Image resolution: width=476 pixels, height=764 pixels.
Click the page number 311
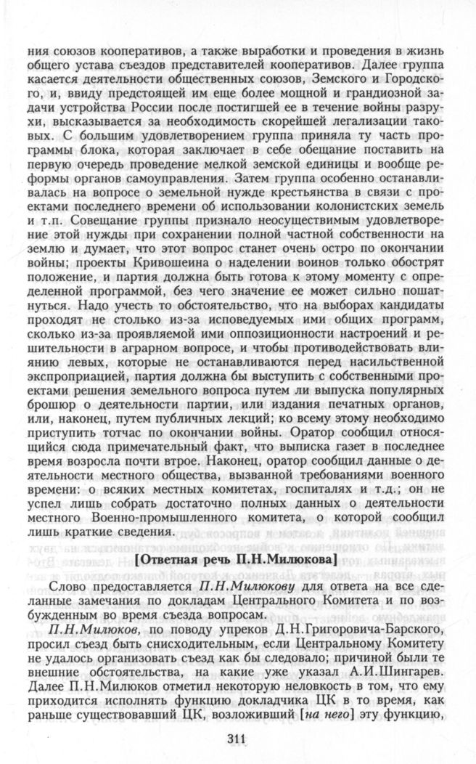pos(237,739)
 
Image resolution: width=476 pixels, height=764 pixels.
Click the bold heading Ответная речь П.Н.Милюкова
pos(237,560)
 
